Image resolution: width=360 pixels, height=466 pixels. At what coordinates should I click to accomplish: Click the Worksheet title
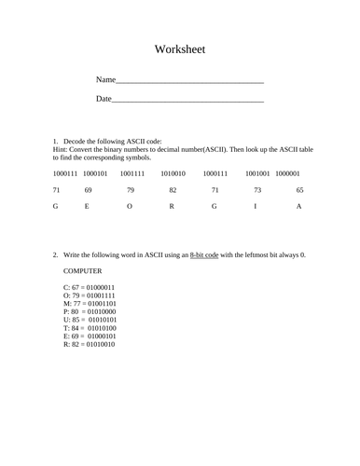pos(180,49)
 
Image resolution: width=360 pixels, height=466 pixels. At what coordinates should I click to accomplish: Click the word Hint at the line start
pos(61,149)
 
